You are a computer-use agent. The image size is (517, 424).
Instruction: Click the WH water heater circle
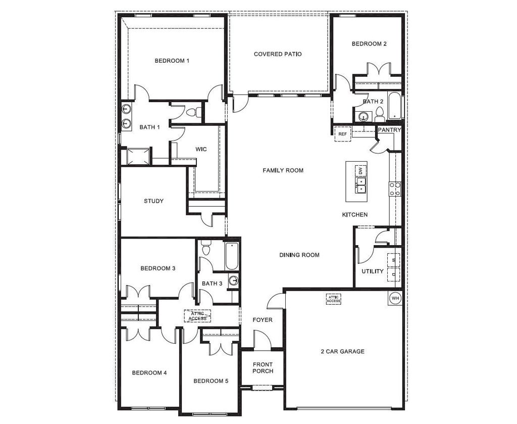coord(395,298)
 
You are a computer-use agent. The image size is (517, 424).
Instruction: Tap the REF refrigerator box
coord(343,134)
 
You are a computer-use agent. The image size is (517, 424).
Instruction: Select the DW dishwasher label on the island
coord(360,171)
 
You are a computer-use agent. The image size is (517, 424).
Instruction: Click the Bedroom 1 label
coord(172,61)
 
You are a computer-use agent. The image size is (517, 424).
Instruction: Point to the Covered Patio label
coord(278,54)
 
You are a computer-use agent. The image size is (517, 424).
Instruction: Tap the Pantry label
coord(389,130)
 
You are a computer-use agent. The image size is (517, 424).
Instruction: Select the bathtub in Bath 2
coord(395,106)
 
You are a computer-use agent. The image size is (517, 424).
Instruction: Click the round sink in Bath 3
coord(234,280)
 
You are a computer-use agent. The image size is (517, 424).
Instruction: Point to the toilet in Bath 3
coord(206,248)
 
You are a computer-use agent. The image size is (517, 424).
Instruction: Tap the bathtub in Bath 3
coord(232,256)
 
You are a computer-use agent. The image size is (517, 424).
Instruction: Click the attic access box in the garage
coord(333,299)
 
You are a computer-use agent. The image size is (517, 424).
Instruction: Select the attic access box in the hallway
coord(197,316)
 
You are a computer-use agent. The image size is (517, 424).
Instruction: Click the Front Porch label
coord(263,367)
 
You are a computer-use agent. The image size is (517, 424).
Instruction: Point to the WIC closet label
coord(201,149)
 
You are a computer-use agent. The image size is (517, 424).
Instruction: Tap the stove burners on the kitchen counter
coord(395,189)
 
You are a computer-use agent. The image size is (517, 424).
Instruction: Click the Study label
coord(153,201)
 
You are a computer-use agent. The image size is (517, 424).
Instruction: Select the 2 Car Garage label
coord(343,351)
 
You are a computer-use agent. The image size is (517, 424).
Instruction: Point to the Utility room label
coord(373,271)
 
